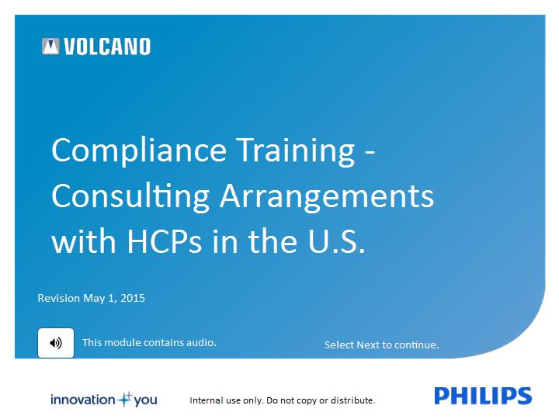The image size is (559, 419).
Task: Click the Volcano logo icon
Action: tap(50, 47)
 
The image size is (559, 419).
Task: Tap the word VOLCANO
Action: tap(107, 47)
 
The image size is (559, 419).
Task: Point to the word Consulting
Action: tap(130, 197)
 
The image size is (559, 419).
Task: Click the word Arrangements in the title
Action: tap(327, 197)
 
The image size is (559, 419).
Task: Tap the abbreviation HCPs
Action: tap(165, 241)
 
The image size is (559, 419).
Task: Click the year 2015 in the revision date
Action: tap(133, 298)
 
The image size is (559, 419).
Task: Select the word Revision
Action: tap(59, 298)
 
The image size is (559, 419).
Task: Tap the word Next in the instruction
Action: tap(368, 345)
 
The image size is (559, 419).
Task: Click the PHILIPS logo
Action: tap(483, 396)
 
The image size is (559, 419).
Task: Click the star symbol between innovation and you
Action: tap(125, 399)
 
